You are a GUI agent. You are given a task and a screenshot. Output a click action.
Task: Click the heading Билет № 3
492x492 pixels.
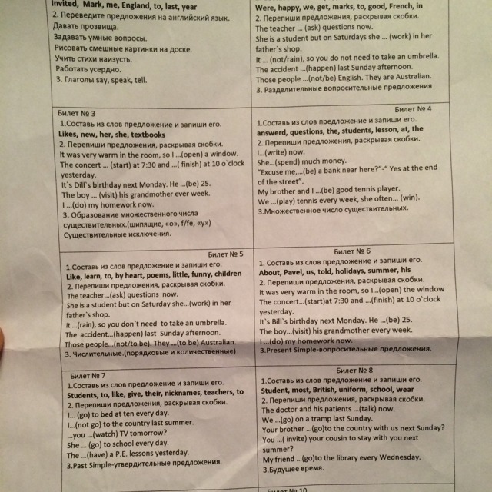[x=81, y=112]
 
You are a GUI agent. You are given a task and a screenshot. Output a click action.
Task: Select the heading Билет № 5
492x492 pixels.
[x=225, y=254]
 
